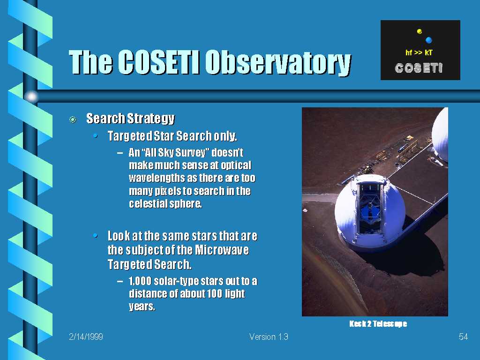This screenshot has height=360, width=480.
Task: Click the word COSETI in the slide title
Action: click(x=159, y=62)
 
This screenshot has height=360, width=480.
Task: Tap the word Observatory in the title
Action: click(x=278, y=63)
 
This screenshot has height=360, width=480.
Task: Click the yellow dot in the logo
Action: click(x=420, y=31)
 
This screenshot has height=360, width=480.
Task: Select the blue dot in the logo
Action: click(x=428, y=40)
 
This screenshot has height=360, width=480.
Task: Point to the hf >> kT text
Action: click(x=419, y=52)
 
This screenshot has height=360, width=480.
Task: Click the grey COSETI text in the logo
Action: click(x=419, y=68)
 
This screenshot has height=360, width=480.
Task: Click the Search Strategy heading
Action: click(x=130, y=119)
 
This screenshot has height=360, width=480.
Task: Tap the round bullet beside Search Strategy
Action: click(x=73, y=120)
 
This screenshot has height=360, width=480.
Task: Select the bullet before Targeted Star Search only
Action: click(x=96, y=135)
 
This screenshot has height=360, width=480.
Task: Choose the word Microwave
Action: click(x=222, y=250)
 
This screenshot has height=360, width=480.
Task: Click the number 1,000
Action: click(x=140, y=281)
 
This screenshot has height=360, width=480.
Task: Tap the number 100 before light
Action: click(x=214, y=293)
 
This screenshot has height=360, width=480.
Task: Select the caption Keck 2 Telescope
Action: click(x=378, y=323)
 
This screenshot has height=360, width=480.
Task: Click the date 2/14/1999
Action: click(x=86, y=337)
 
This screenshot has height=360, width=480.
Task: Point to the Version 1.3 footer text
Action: click(x=269, y=337)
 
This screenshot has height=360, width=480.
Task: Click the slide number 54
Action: click(x=463, y=337)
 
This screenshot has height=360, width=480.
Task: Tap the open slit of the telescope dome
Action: click(x=369, y=211)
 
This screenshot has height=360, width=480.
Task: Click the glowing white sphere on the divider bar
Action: click(x=31, y=97)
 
